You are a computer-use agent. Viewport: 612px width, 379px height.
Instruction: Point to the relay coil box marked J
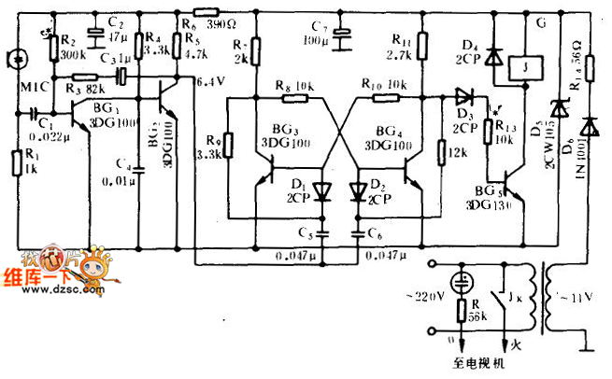512,66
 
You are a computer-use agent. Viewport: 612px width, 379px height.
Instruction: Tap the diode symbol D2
357,191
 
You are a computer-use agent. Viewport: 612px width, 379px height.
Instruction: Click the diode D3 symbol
462,94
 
